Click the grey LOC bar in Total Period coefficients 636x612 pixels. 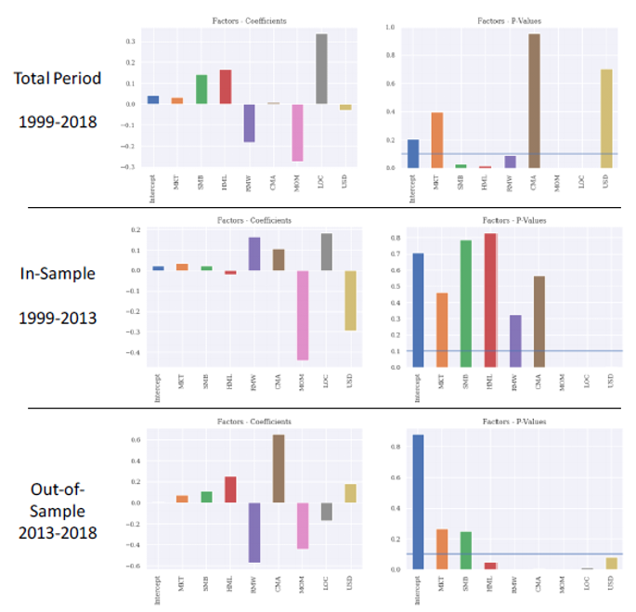click(x=321, y=69)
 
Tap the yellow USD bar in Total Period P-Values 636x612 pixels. click(x=608, y=118)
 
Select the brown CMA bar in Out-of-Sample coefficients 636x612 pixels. click(x=278, y=468)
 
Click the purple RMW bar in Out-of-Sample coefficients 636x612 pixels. click(x=253, y=532)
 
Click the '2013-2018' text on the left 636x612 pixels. click(x=57, y=531)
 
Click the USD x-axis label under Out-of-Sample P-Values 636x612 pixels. click(x=609, y=582)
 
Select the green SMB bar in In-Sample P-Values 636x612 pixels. click(x=465, y=304)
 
